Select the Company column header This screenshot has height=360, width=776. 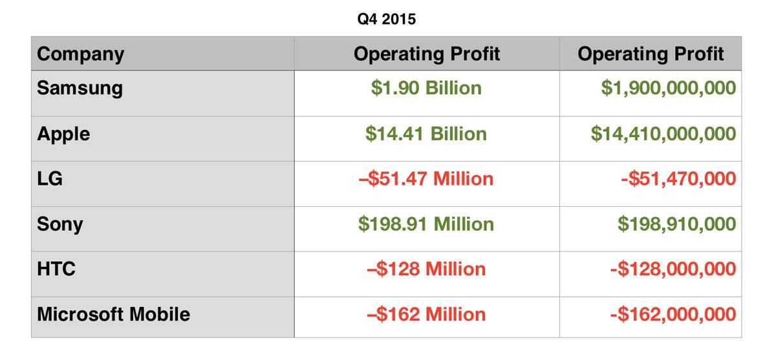point(80,54)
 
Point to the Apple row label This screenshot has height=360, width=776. point(63,134)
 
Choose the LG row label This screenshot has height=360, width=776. point(50,178)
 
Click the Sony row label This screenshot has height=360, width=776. point(59,224)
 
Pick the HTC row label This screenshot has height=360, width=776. point(56,269)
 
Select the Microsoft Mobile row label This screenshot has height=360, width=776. point(113,315)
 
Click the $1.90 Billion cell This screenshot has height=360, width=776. point(426,88)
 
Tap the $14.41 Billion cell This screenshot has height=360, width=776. point(426,134)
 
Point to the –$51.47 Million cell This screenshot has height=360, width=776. point(426,178)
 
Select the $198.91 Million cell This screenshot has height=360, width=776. point(426,224)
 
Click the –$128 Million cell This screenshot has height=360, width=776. point(426,269)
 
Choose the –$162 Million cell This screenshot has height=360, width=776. point(426,315)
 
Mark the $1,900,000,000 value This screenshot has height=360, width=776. point(668,88)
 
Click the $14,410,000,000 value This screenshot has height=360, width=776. point(663,134)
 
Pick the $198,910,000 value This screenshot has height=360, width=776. point(676,224)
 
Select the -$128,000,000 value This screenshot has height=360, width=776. point(673,269)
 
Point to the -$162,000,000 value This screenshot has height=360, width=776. point(673,315)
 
